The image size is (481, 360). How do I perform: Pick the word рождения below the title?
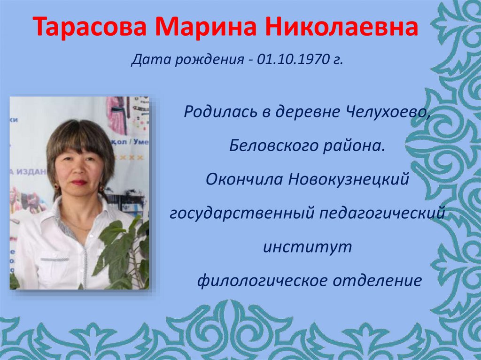click(209, 61)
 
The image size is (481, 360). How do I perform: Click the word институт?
click(307, 247)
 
